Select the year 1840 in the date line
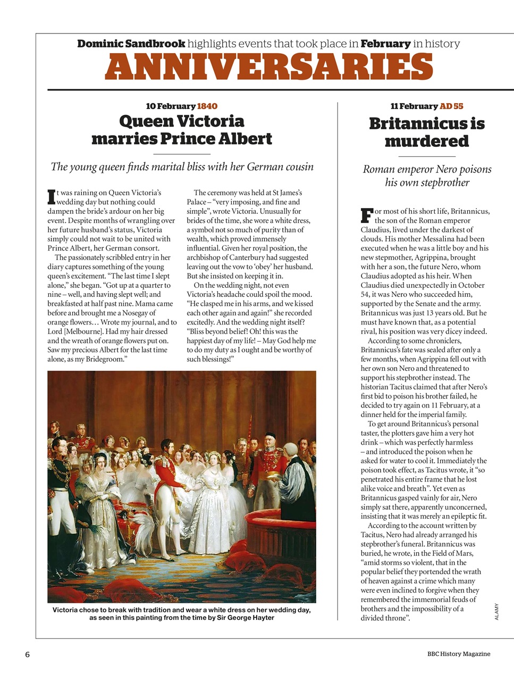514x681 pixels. tap(207, 106)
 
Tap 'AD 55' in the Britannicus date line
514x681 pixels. tap(451, 106)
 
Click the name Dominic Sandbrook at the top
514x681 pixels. tap(131, 44)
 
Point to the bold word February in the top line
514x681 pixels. tap(385, 44)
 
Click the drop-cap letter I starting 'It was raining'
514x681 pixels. tap(51, 196)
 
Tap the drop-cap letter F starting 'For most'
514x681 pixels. tap(366, 215)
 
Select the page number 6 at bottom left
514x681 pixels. tap(27, 654)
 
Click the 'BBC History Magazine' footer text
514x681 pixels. tap(458, 654)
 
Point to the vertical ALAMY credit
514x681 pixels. tap(496, 611)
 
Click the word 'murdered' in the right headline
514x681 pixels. tap(427, 142)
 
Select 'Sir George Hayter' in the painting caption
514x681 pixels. tap(244, 618)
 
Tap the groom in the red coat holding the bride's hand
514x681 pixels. tap(169, 484)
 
